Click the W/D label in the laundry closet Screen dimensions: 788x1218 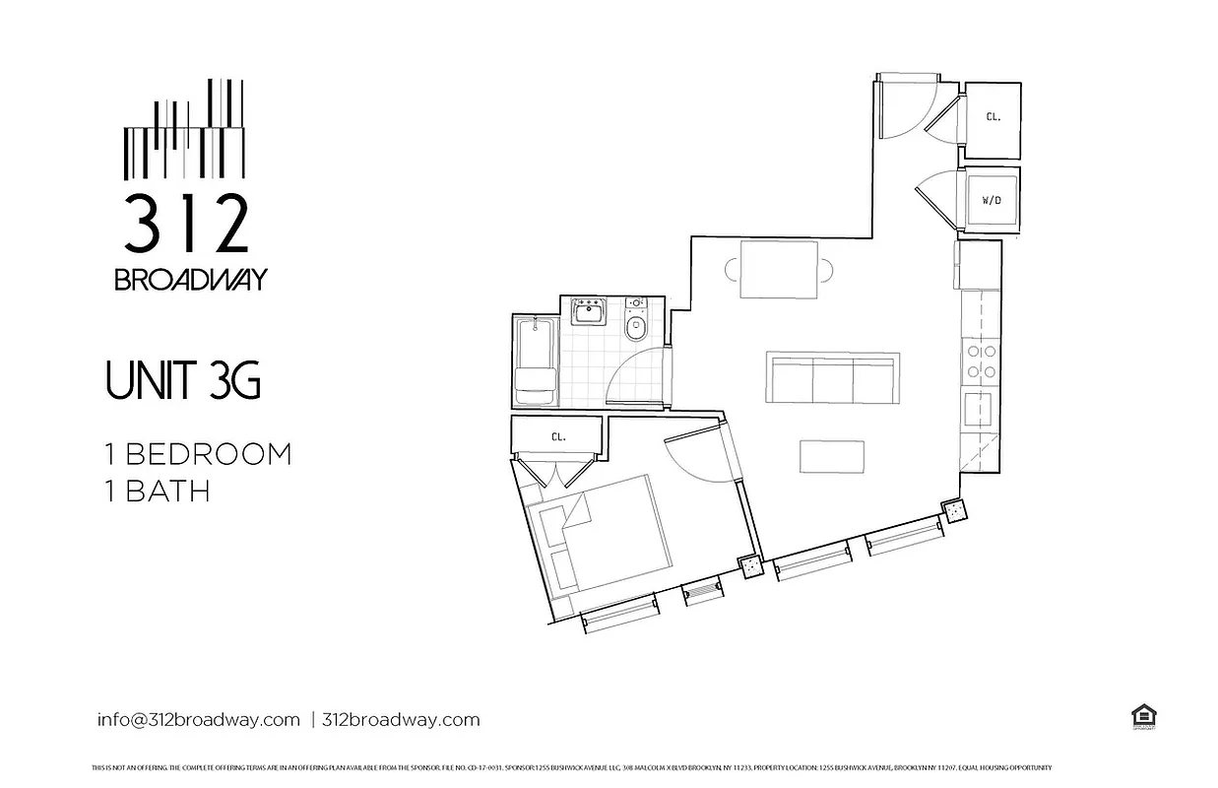992,200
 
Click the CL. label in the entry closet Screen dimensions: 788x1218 993,116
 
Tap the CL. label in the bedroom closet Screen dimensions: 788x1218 557,436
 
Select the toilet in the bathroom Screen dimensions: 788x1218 636,322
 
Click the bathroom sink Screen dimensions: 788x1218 590,314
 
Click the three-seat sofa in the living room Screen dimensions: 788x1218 832,378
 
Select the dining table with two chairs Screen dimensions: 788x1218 778,269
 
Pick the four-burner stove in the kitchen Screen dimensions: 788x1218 980,361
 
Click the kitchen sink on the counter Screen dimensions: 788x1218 979,406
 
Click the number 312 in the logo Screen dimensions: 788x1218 185,224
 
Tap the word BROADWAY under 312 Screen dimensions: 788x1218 190,280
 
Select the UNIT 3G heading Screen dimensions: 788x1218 183,381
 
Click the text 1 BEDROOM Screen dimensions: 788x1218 199,455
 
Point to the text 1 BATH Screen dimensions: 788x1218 158,490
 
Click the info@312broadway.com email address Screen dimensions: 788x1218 198,719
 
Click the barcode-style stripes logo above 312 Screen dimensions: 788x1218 184,130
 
